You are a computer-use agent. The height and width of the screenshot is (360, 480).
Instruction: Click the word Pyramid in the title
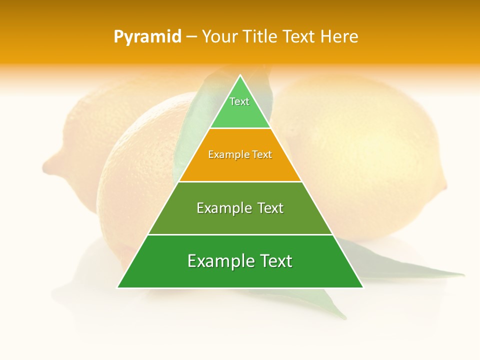(x=147, y=37)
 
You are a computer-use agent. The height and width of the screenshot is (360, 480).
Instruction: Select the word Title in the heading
(x=260, y=36)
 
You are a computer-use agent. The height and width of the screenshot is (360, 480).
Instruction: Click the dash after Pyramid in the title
(x=191, y=37)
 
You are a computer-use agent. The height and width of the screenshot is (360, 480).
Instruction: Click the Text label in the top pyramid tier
(x=239, y=101)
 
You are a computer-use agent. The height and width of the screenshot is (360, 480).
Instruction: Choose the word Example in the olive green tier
(x=223, y=208)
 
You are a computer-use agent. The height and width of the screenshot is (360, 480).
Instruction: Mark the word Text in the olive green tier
(x=270, y=208)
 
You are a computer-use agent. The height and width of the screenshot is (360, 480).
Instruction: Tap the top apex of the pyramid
(x=240, y=75)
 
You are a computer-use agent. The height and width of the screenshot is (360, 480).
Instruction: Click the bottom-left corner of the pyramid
(x=117, y=287)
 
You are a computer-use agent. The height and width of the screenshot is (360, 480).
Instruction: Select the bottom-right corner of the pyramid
(x=363, y=287)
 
